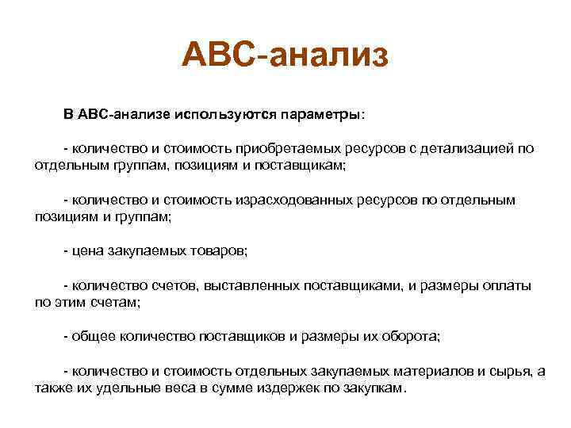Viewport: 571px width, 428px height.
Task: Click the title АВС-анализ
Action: [x=285, y=55]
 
